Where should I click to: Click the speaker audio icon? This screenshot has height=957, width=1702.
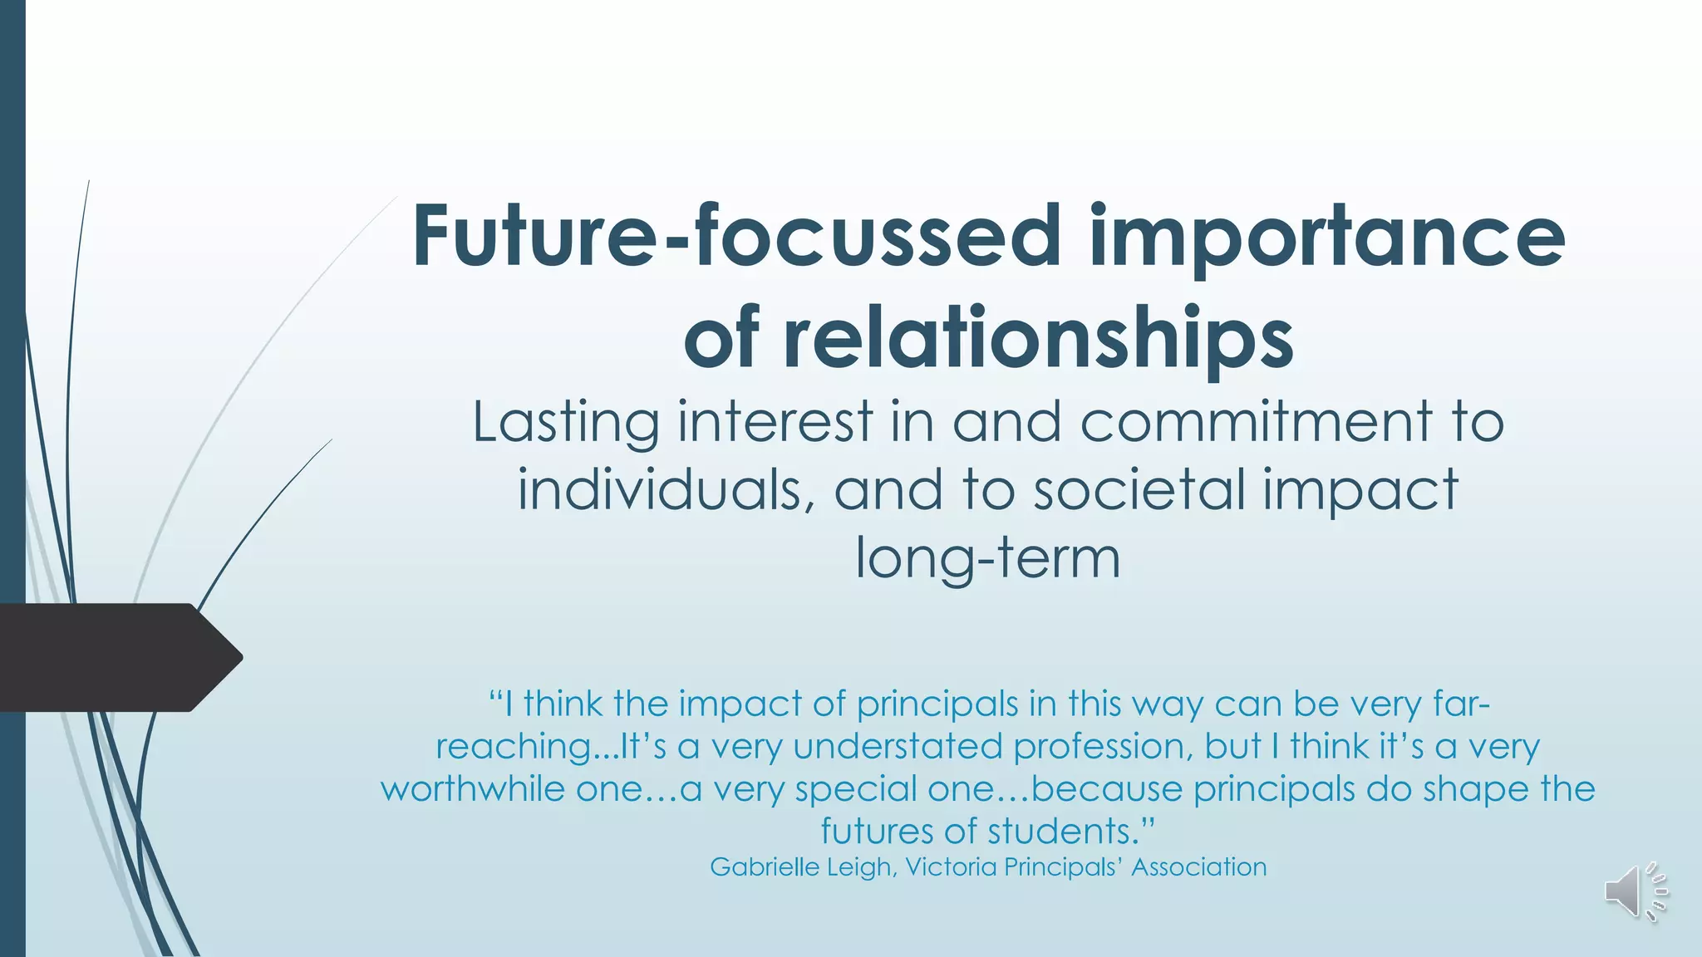click(1634, 891)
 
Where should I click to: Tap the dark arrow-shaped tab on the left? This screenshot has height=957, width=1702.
click(116, 657)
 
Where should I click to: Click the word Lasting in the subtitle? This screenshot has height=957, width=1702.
click(566, 421)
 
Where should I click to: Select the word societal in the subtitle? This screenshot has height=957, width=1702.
click(1139, 489)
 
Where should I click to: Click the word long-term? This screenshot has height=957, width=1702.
click(988, 557)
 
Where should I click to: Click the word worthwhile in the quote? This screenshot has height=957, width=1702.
click(472, 788)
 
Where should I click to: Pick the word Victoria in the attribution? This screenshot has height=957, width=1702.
click(951, 866)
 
